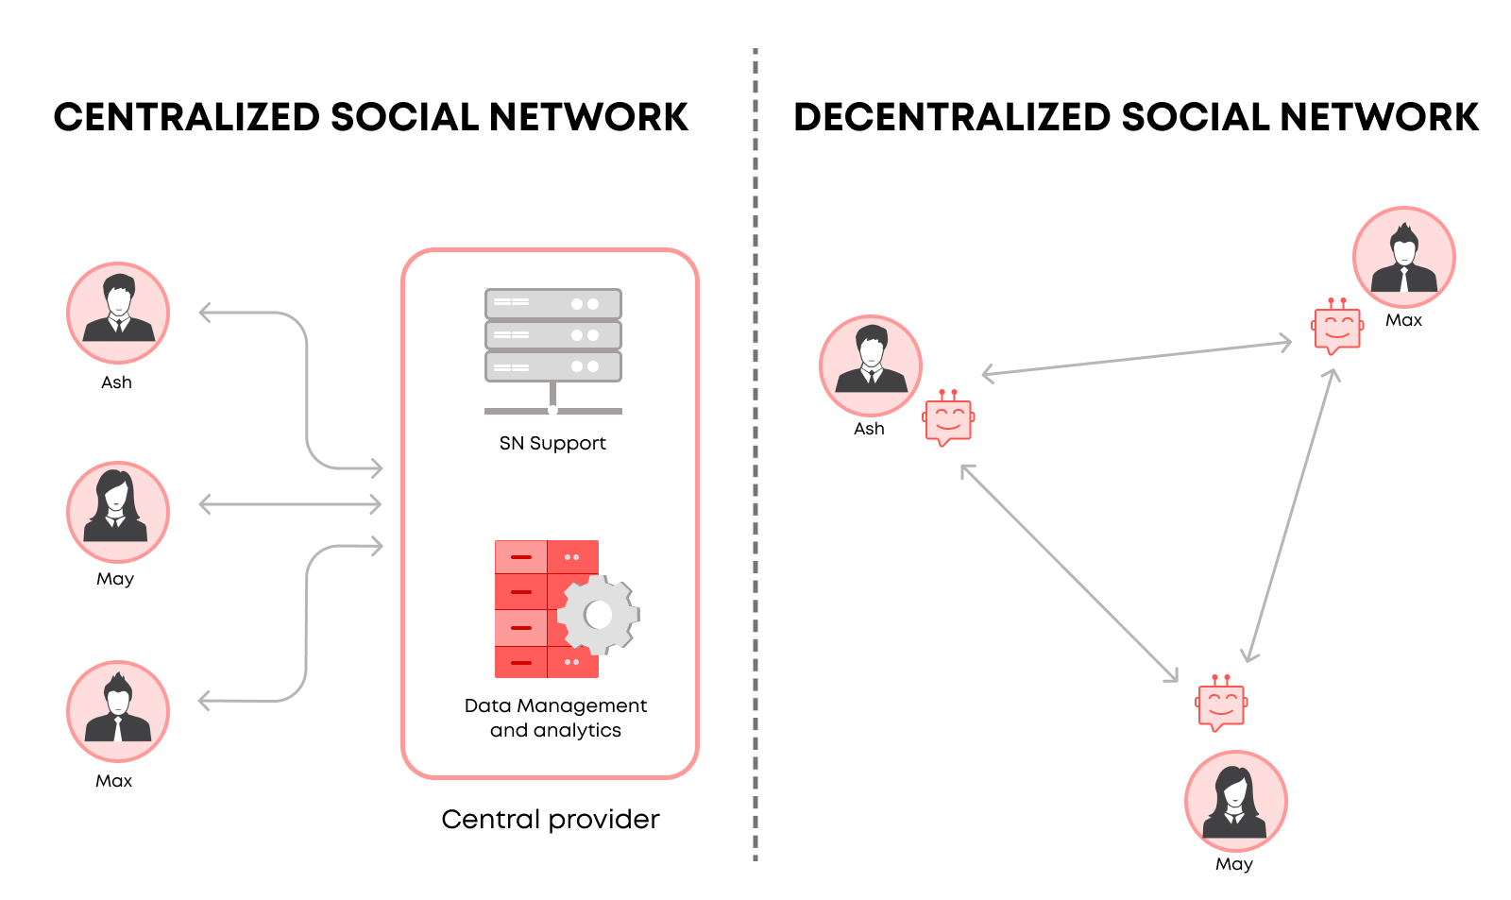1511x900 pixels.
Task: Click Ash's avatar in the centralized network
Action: pyautogui.click(x=118, y=313)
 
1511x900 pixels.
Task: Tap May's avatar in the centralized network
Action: pyautogui.click(x=118, y=512)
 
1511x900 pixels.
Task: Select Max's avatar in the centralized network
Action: pyautogui.click(x=118, y=711)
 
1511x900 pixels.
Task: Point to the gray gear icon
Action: pyautogui.click(x=599, y=615)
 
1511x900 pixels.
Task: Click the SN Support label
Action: pyautogui.click(x=552, y=443)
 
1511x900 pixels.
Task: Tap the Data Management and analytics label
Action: pyautogui.click(x=555, y=718)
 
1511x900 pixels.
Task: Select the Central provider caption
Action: pyautogui.click(x=550, y=819)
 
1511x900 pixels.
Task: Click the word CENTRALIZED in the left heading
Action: pyautogui.click(x=187, y=117)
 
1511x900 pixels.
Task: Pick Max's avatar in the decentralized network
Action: pyautogui.click(x=1403, y=257)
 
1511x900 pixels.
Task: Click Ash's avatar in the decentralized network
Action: pyautogui.click(x=870, y=365)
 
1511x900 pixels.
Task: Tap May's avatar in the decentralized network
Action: pyautogui.click(x=1235, y=801)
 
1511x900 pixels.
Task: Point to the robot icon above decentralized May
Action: pyautogui.click(x=1221, y=704)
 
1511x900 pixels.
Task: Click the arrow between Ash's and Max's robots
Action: pyautogui.click(x=1137, y=358)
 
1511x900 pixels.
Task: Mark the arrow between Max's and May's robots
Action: pyautogui.click(x=1290, y=515)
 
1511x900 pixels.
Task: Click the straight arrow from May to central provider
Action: pyautogui.click(x=290, y=504)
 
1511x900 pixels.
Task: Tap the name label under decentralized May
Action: pyautogui.click(x=1233, y=864)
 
